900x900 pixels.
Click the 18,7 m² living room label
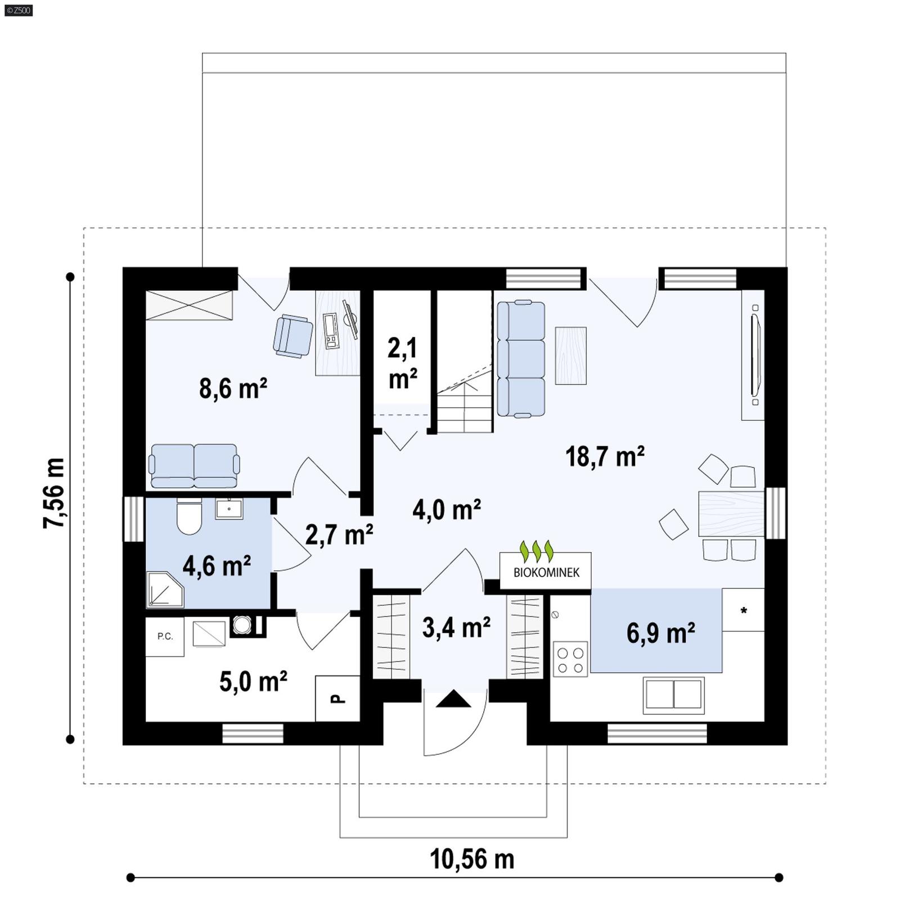[605, 456]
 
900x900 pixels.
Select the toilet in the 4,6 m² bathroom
[189, 516]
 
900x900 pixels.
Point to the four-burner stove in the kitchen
[570, 659]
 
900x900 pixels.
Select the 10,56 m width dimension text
[471, 859]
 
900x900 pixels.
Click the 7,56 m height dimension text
[54, 493]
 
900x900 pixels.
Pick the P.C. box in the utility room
[165, 636]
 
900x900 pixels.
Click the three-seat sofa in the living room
[521, 359]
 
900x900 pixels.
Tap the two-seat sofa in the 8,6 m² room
[194, 466]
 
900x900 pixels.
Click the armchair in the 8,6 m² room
[292, 336]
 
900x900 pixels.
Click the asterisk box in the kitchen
[743, 610]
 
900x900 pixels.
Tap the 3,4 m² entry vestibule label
[456, 627]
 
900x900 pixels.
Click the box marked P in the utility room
[337, 699]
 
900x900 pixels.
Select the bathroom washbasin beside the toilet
[229, 508]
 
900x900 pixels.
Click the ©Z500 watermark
[18, 10]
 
